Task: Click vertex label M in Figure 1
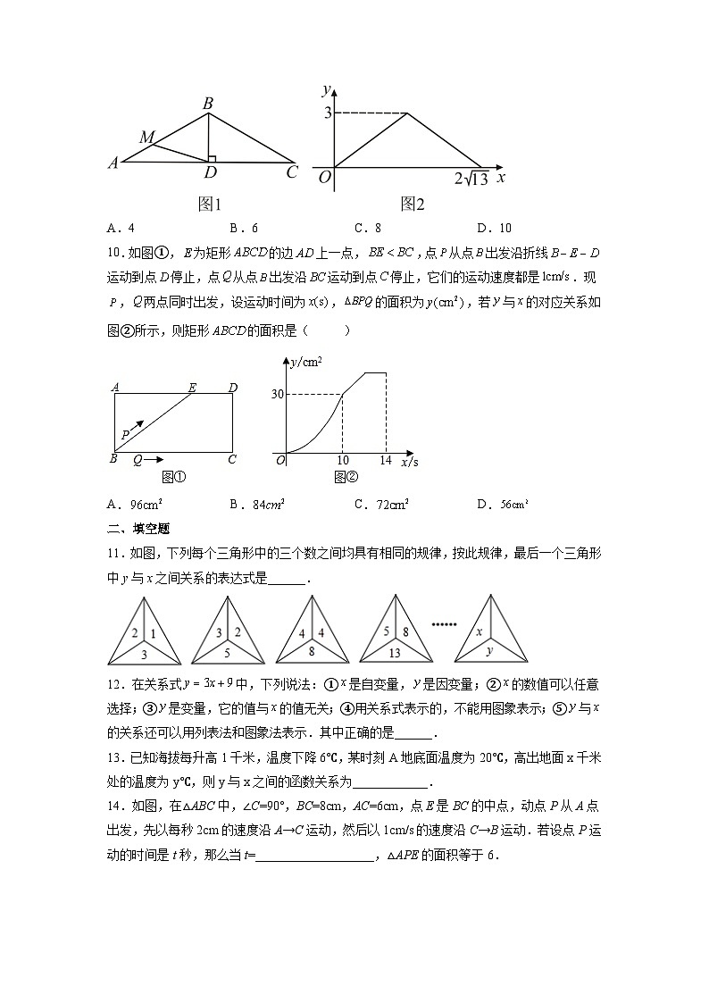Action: pyautogui.click(x=147, y=138)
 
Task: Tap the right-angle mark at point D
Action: pyautogui.click(x=213, y=157)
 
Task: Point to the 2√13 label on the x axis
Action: pyautogui.click(x=470, y=179)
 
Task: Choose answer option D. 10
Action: pyautogui.click(x=494, y=228)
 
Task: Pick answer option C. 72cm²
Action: pyautogui.click(x=381, y=505)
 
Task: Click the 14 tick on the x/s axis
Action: pyautogui.click(x=386, y=461)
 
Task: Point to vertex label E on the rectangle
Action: pyautogui.click(x=193, y=387)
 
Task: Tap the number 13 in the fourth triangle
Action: pyautogui.click(x=396, y=652)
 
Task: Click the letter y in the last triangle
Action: pyautogui.click(x=490, y=651)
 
